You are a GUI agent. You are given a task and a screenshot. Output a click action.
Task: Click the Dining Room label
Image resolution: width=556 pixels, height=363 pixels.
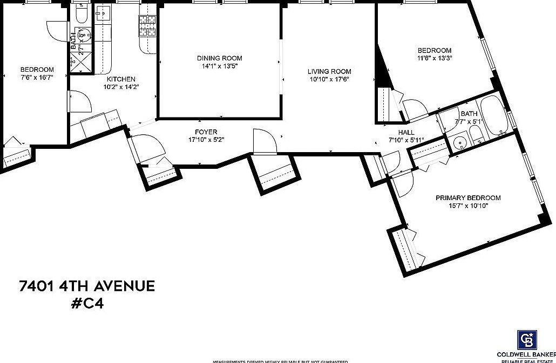pos(219,58)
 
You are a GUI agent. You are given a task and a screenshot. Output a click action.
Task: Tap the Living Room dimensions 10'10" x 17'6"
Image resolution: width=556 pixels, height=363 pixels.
pos(329,79)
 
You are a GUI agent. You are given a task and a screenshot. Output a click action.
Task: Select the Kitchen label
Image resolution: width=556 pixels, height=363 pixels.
pos(121,79)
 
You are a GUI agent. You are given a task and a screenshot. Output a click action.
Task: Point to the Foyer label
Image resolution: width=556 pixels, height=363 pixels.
pos(206,132)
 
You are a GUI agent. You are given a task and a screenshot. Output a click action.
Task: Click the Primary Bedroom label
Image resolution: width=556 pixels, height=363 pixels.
pos(468,198)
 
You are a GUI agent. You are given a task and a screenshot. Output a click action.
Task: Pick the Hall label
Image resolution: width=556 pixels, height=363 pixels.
pos(406,133)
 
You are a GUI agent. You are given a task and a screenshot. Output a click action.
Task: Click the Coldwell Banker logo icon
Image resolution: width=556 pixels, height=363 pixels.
pos(526,340)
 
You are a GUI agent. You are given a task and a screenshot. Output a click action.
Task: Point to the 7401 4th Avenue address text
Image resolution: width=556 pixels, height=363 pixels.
pos(87,286)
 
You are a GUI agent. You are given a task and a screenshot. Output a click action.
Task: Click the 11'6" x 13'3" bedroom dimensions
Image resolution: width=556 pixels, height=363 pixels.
pos(434,58)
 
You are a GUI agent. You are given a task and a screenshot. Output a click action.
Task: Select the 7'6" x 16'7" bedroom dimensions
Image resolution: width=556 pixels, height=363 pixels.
pos(37,77)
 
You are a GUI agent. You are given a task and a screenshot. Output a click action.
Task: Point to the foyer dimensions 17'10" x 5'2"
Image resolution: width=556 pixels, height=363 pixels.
pos(206,140)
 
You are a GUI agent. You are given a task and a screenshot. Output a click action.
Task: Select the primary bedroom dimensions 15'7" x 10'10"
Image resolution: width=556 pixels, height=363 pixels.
pos(468,206)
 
